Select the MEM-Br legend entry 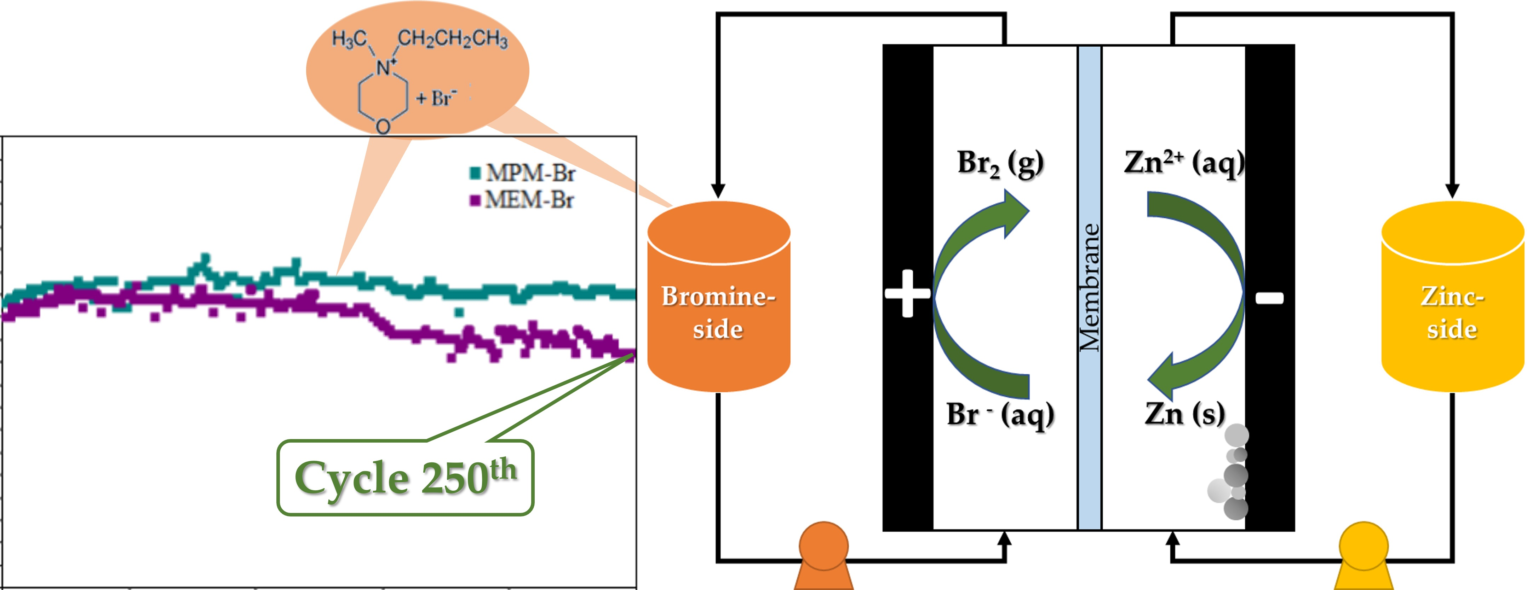[x=522, y=200]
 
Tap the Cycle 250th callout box [x=406, y=478]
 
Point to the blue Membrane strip [x=1090, y=287]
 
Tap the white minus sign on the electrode [x=1270, y=298]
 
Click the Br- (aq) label [x=1001, y=414]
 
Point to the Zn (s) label [x=1184, y=414]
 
